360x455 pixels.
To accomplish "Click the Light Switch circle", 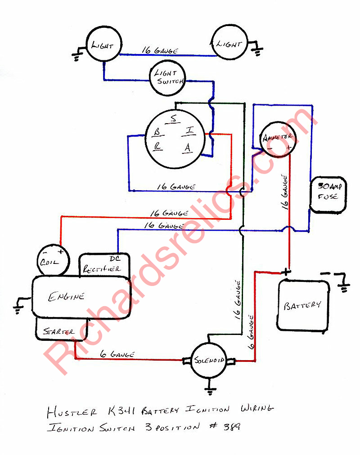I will click(167, 77).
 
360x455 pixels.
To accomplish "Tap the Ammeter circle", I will click(278, 138).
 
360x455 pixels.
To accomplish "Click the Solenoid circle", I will click(208, 361).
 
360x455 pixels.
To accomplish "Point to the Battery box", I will click(302, 306).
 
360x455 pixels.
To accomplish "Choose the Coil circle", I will click(53, 261).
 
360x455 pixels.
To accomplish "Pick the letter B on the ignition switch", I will click(157, 132).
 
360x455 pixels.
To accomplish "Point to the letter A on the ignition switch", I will click(188, 147).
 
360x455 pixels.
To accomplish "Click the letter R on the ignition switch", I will click(157, 147).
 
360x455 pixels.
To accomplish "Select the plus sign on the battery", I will click(286, 272).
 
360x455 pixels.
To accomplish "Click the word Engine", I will click(66, 296).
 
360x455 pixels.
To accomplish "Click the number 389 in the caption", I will click(231, 426).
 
